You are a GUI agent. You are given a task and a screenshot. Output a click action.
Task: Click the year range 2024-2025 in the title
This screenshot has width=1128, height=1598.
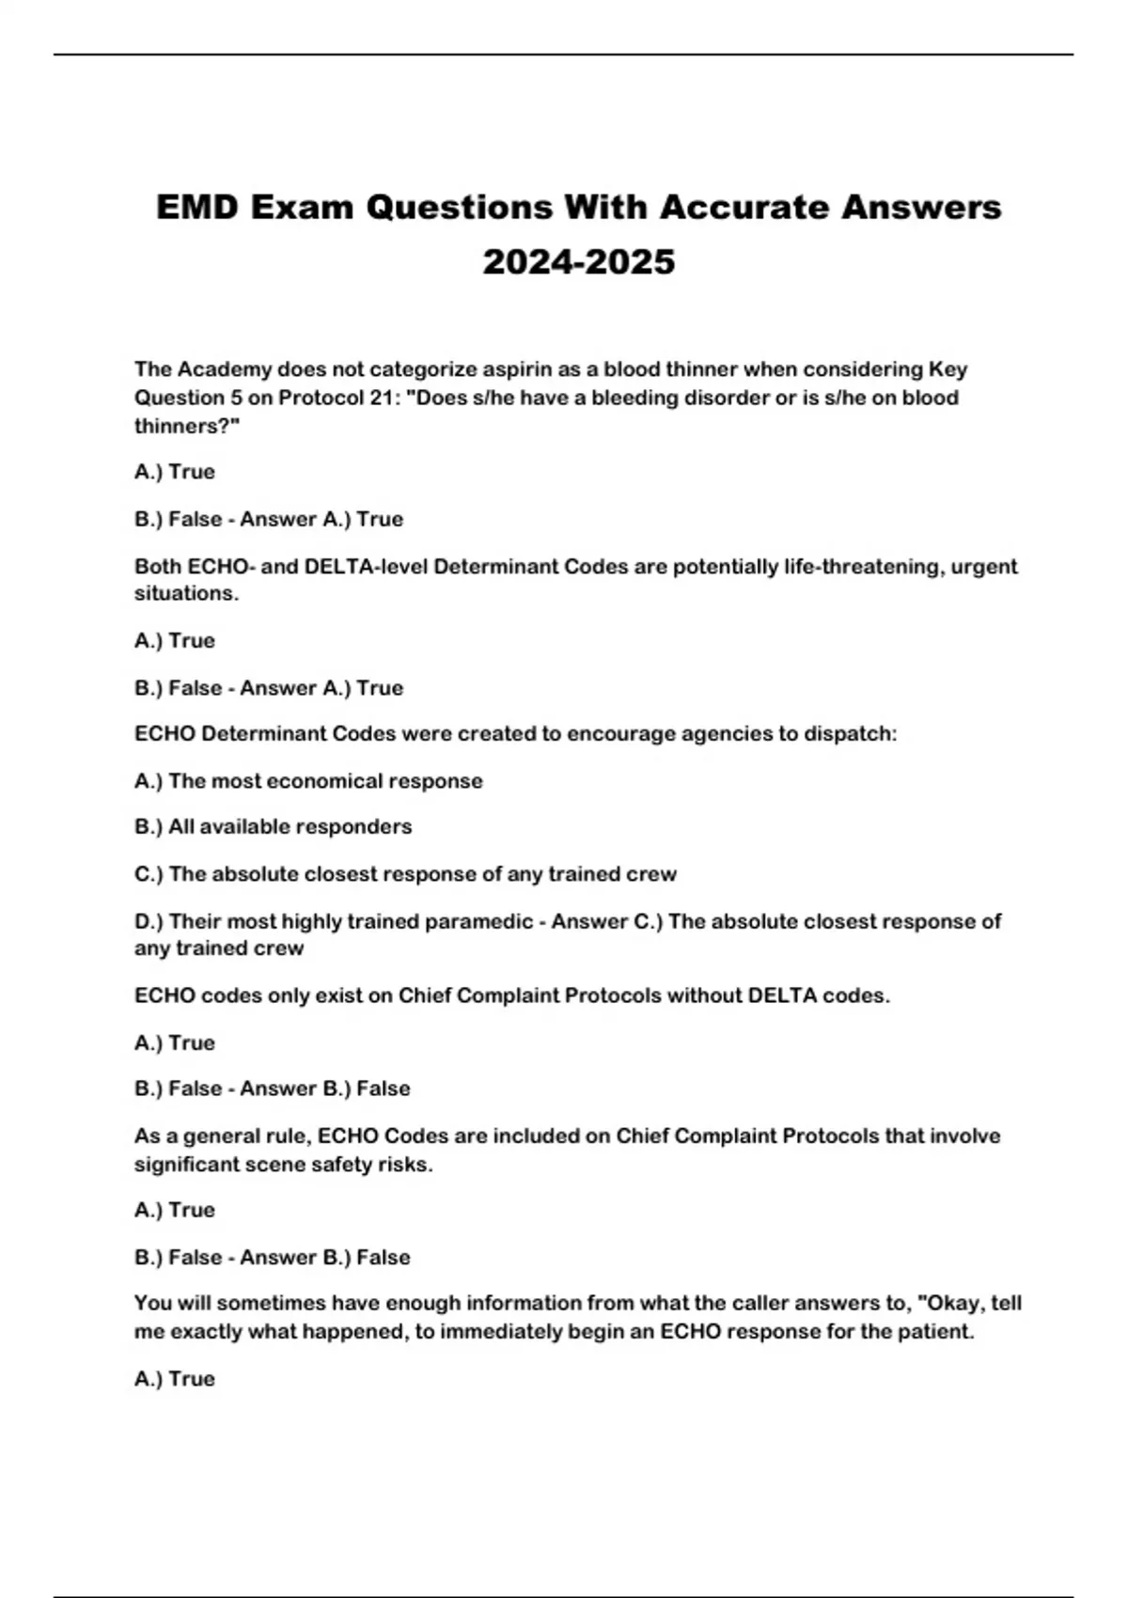pyautogui.click(x=579, y=261)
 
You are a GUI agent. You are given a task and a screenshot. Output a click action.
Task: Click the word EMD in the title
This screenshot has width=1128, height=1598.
pyautogui.click(x=197, y=207)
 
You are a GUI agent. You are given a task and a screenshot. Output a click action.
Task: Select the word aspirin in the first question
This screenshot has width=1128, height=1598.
pyautogui.click(x=517, y=369)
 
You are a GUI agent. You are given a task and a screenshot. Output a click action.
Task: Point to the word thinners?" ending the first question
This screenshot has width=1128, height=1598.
pyautogui.click(x=187, y=426)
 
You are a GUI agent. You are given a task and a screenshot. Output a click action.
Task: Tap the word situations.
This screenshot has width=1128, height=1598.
pyautogui.click(x=187, y=593)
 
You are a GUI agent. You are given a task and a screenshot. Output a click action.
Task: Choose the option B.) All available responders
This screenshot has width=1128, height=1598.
pyautogui.click(x=274, y=827)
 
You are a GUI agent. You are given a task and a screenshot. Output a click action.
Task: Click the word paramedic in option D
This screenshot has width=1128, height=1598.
pyautogui.click(x=478, y=921)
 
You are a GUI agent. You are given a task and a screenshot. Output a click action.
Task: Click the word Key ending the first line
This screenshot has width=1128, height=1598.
pyautogui.click(x=948, y=369)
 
